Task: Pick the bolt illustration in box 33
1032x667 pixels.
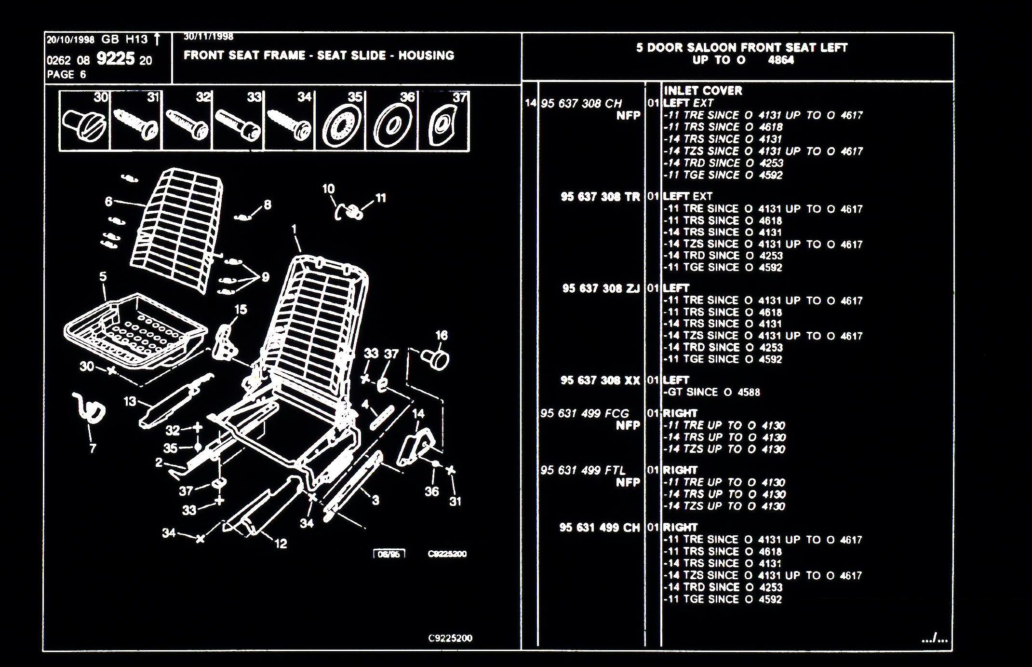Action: click(x=238, y=124)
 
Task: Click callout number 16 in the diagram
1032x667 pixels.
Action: click(x=441, y=335)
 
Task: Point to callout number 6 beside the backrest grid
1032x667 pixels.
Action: click(x=109, y=201)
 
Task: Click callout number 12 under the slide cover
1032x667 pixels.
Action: click(x=281, y=544)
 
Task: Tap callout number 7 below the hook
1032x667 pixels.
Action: click(x=93, y=449)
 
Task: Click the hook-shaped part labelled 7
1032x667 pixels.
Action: click(x=90, y=410)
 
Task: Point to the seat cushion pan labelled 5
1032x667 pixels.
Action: click(x=135, y=330)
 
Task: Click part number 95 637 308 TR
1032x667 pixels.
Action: click(x=600, y=197)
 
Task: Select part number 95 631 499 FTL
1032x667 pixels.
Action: click(x=583, y=470)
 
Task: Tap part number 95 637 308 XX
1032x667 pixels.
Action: click(x=600, y=381)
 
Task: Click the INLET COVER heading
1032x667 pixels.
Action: click(x=703, y=91)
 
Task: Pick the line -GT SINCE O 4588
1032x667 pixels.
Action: click(x=711, y=392)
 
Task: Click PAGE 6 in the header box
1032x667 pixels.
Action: click(x=67, y=75)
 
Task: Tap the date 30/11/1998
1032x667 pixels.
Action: click(x=208, y=37)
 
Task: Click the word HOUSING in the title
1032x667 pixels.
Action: click(x=426, y=55)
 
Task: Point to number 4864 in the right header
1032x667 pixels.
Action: click(x=780, y=60)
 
